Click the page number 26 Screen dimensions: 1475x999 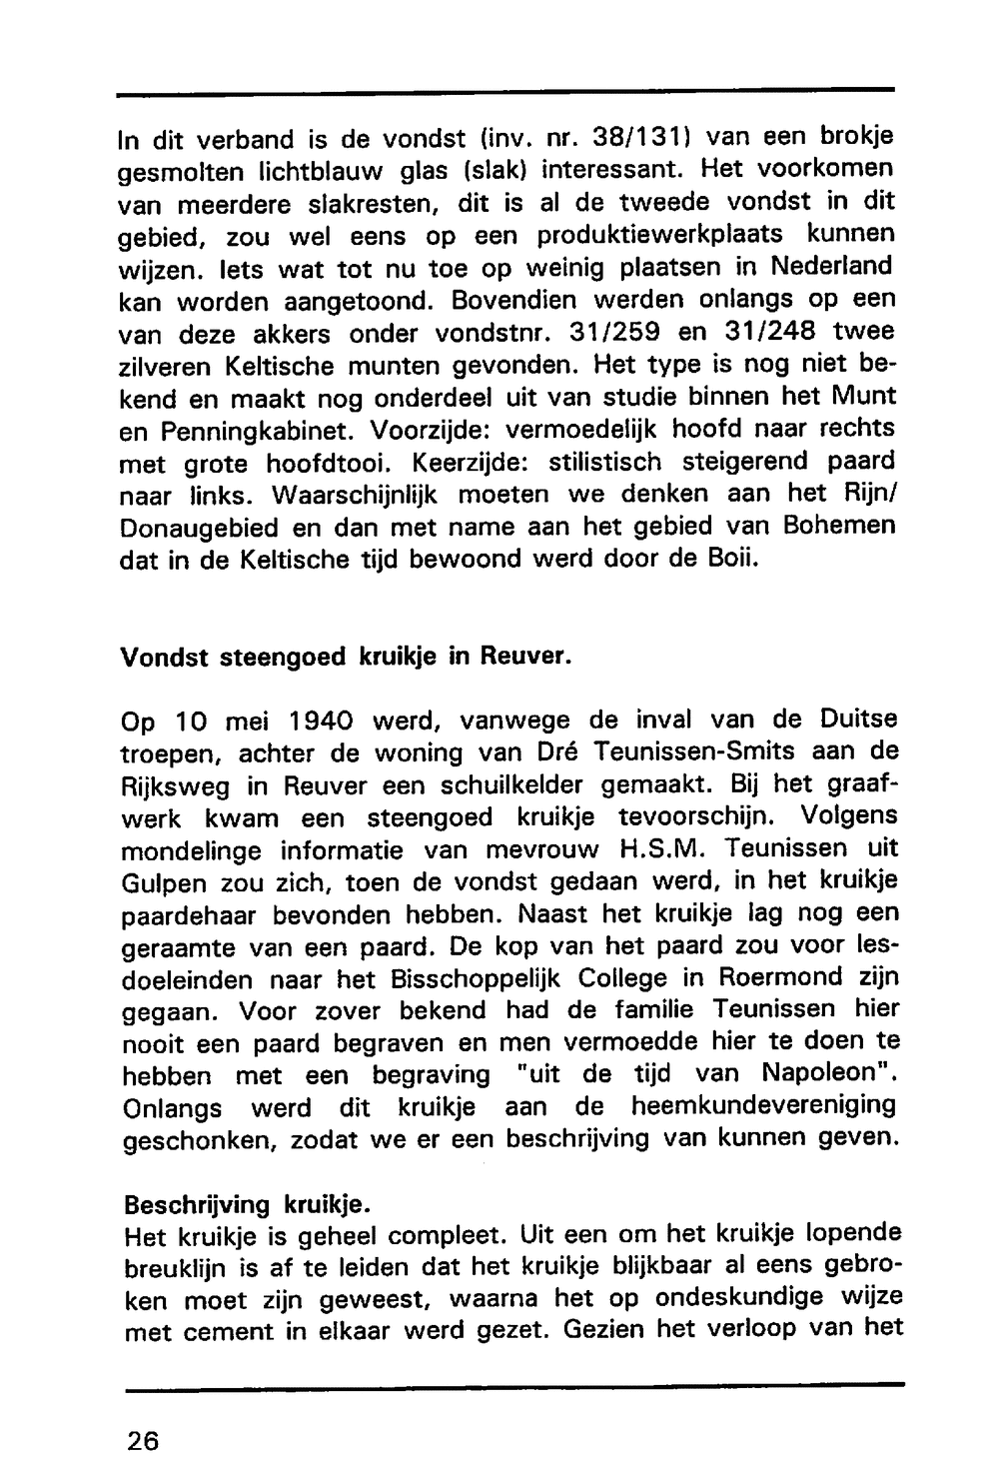pyautogui.click(x=143, y=1440)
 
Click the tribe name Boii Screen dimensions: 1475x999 pyautogui.click(x=721, y=558)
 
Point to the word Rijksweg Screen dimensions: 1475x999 pyautogui.click(x=165, y=785)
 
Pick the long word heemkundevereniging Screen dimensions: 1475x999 pyautogui.click(x=762, y=1107)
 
